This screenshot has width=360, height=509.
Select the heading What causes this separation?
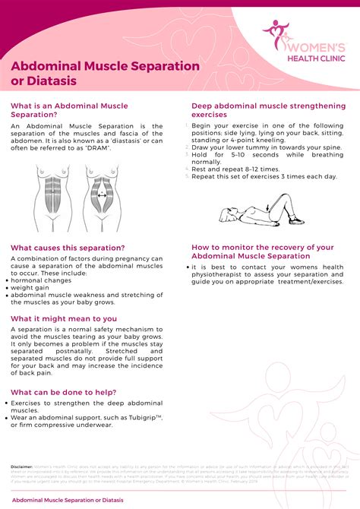tap(68, 248)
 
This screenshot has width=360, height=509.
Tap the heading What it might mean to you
tap(64, 318)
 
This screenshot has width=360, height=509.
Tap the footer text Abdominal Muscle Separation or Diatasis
tap(68, 500)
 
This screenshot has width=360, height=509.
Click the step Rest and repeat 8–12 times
tap(236, 169)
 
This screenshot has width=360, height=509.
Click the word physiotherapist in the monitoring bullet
tap(224, 274)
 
